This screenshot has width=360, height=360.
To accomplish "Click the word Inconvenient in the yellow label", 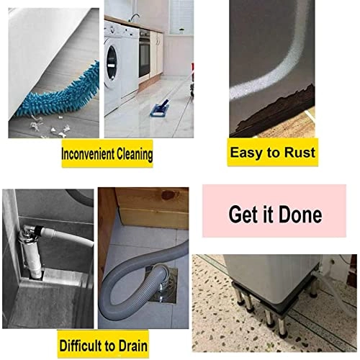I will click(x=88, y=156).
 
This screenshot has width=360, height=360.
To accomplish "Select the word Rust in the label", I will click(x=297, y=153).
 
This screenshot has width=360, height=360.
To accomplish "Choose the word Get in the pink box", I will click(x=241, y=214).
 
